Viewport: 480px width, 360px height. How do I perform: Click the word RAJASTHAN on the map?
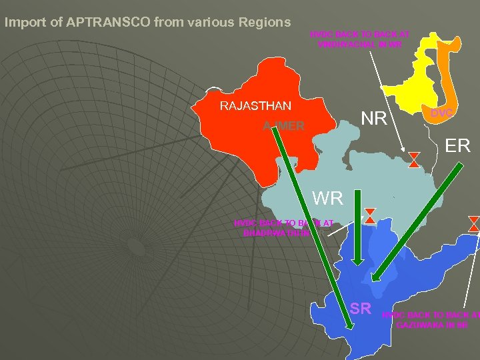click(x=255, y=105)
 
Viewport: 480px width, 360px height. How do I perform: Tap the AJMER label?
click(x=284, y=127)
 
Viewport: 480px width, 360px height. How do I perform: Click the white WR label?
click(x=327, y=198)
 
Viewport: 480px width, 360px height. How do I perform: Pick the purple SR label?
click(x=360, y=308)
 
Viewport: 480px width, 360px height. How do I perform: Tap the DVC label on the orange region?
click(x=441, y=113)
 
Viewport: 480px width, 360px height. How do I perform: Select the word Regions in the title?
click(x=259, y=22)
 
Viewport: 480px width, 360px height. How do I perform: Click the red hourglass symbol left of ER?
click(x=414, y=159)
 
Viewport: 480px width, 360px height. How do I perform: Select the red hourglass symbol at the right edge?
click(x=474, y=223)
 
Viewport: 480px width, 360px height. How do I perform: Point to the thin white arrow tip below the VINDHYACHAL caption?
click(x=405, y=151)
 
